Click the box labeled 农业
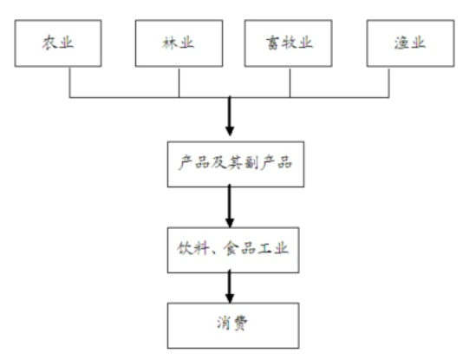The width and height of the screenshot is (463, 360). (58, 43)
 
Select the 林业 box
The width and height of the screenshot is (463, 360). (179, 43)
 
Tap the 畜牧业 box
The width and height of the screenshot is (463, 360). (288, 43)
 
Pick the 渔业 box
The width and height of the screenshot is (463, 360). (410, 43)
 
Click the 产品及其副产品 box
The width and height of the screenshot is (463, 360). (236, 164)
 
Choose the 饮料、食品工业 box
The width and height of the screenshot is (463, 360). (233, 250)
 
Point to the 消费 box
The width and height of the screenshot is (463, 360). (233, 325)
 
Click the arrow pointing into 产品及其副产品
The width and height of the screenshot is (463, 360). (230, 115)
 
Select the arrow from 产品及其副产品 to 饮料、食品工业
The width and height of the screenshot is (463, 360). (230, 206)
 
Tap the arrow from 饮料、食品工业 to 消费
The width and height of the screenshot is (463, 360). (230, 286)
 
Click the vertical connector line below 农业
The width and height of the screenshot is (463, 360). (70, 82)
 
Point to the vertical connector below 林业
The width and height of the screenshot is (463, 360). (179, 82)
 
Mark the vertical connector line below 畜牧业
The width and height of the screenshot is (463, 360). (290, 82)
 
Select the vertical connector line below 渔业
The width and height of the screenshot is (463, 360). (389, 82)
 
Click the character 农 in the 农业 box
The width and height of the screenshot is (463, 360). (49, 43)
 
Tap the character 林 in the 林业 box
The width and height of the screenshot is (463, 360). (169, 43)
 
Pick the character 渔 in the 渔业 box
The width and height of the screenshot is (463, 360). (401, 43)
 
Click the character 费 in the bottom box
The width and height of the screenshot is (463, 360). (240, 323)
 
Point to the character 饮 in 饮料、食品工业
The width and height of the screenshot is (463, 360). (185, 248)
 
